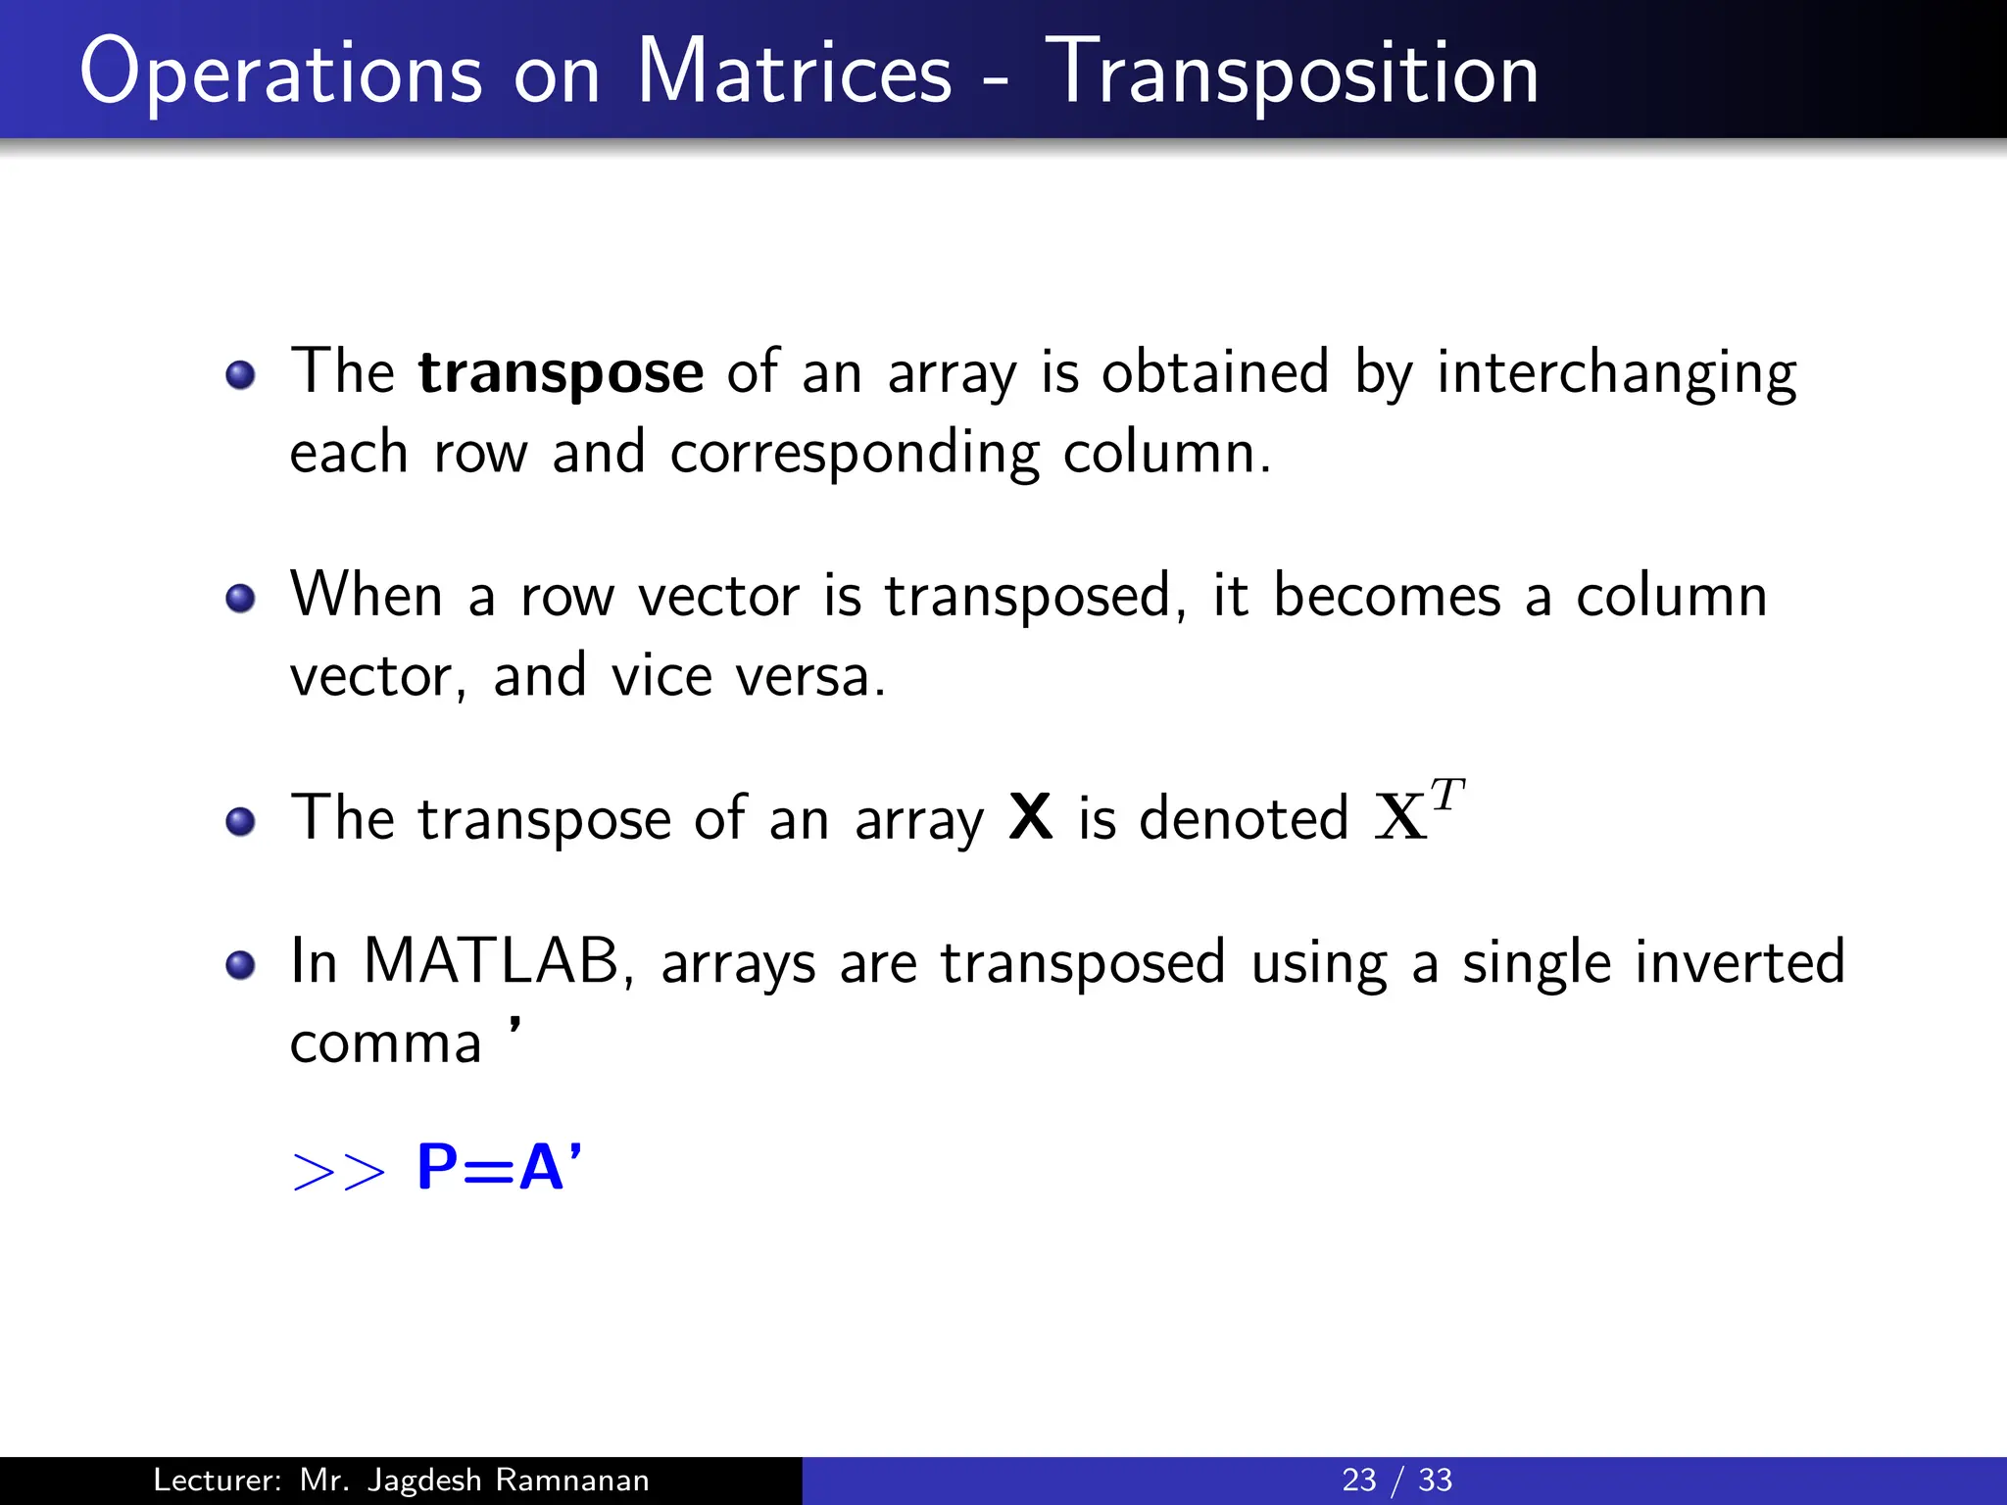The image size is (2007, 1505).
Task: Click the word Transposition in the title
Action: pyautogui.click(x=1291, y=73)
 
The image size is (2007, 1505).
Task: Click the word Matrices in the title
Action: pyautogui.click(x=794, y=73)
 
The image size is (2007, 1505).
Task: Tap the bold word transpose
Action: pyautogui.click(x=561, y=374)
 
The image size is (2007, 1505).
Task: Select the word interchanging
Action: pyautogui.click(x=1616, y=374)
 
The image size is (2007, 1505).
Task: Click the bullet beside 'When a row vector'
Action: pyautogui.click(x=240, y=598)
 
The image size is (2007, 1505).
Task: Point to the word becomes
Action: pyautogui.click(x=1386, y=596)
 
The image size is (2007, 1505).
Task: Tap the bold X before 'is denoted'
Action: pyautogui.click(x=1031, y=817)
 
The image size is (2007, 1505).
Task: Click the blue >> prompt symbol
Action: pyautogui.click(x=339, y=1171)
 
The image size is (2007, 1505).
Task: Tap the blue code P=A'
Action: pyautogui.click(x=499, y=1168)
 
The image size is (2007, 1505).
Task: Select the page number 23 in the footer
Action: pyautogui.click(x=1358, y=1480)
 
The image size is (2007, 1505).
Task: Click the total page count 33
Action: pyautogui.click(x=1435, y=1480)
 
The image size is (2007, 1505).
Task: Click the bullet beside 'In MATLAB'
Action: pyautogui.click(x=240, y=965)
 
